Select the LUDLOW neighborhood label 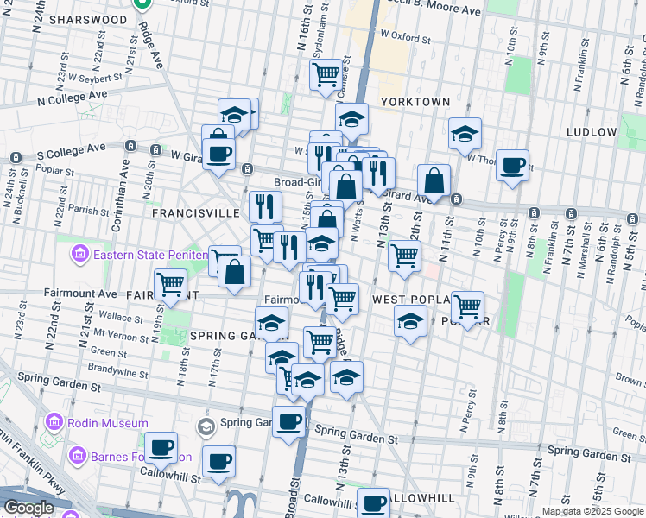[592, 132]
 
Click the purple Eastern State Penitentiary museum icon [79, 255]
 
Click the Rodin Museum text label [101, 423]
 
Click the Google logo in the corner [28, 508]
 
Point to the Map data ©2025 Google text [592, 511]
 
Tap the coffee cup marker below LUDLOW [513, 164]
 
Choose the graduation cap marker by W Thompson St [465, 134]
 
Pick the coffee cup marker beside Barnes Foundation [161, 448]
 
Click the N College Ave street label [72, 98]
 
